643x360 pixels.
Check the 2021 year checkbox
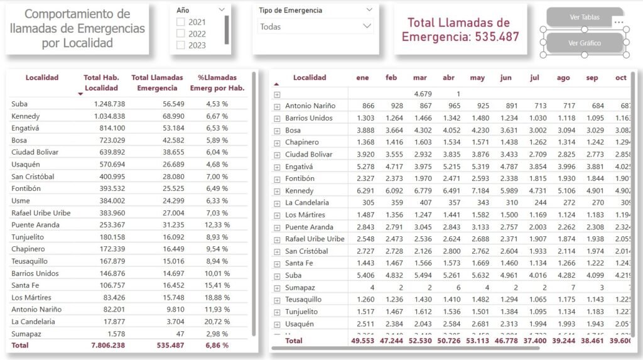tap(181, 22)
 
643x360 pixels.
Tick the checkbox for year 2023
tap(181, 45)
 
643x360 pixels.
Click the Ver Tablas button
tap(584, 18)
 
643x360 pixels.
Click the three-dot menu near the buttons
tap(619, 22)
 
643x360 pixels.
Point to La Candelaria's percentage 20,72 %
tap(217, 321)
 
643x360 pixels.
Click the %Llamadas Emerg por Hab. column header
tap(217, 83)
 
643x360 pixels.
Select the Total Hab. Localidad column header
tap(101, 83)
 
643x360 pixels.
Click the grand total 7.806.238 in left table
tap(104, 345)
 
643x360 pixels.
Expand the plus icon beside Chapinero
tap(276, 143)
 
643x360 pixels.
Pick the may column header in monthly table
tap(477, 78)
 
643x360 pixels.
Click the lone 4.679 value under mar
tap(419, 94)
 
